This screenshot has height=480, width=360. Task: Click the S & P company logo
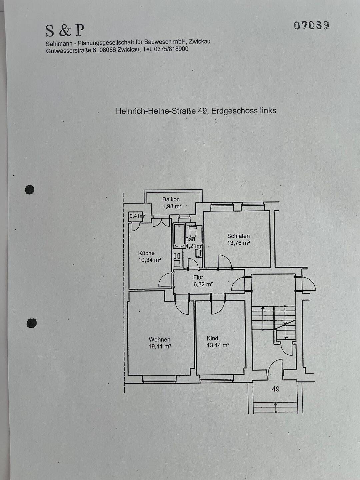click(x=65, y=30)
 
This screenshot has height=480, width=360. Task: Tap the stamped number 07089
click(x=312, y=25)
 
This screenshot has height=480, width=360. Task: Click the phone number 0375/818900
click(x=171, y=49)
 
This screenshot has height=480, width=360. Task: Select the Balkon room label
click(x=171, y=199)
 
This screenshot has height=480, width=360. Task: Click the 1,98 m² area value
click(x=172, y=206)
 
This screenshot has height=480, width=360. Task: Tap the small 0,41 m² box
click(x=137, y=216)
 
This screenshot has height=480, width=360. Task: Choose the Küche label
click(x=146, y=253)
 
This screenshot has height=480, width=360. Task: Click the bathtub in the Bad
click(x=179, y=236)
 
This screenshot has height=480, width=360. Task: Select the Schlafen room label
click(x=238, y=236)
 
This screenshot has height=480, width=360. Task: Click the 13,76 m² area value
click(x=238, y=243)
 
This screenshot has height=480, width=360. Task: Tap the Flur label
click(x=198, y=277)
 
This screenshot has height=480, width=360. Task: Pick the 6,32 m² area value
click(x=203, y=284)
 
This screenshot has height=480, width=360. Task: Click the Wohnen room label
click(x=159, y=340)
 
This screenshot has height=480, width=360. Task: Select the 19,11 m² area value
click(x=160, y=347)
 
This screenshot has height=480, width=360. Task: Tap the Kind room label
click(x=212, y=338)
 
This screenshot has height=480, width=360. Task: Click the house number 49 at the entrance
click(x=276, y=389)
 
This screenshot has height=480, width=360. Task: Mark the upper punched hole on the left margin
click(x=30, y=190)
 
